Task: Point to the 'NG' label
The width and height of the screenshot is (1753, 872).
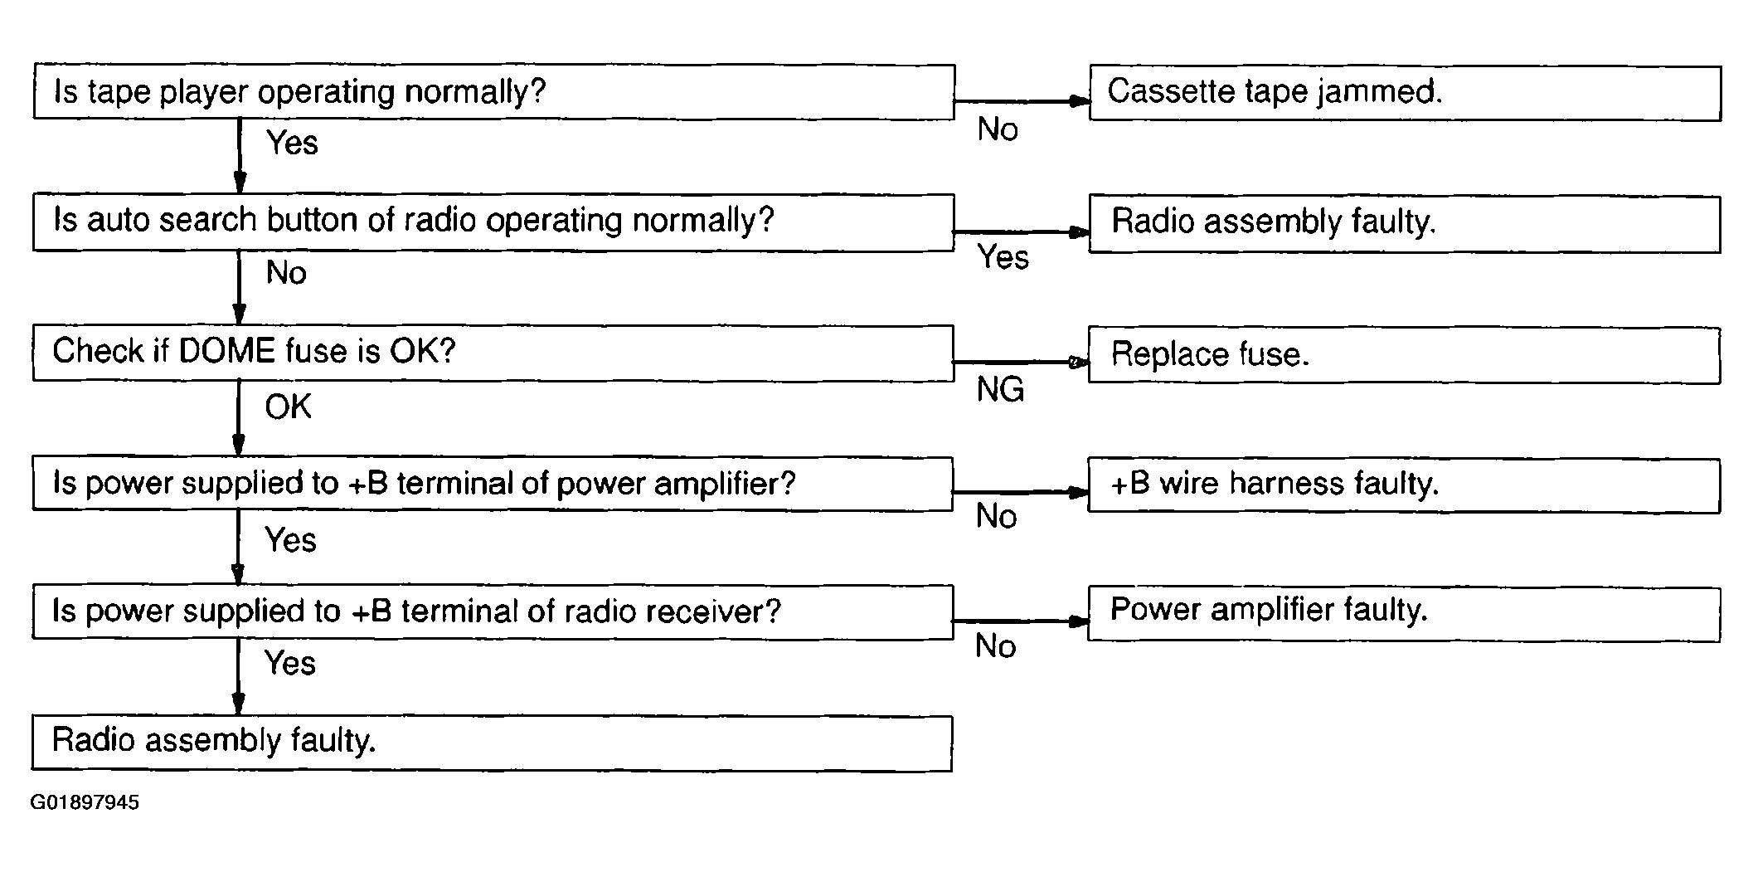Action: click(1000, 389)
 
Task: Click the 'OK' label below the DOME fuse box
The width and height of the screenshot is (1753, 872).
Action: click(288, 407)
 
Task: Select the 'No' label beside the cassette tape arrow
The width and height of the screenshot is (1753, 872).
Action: click(998, 129)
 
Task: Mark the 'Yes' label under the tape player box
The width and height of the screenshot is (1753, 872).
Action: click(292, 143)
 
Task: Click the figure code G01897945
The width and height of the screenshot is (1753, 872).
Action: click(85, 802)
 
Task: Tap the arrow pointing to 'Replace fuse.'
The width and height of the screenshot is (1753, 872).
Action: click(1021, 362)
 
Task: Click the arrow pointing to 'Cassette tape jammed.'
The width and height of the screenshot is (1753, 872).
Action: click(1022, 101)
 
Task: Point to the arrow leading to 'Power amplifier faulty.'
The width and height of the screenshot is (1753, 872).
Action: click(1020, 621)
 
